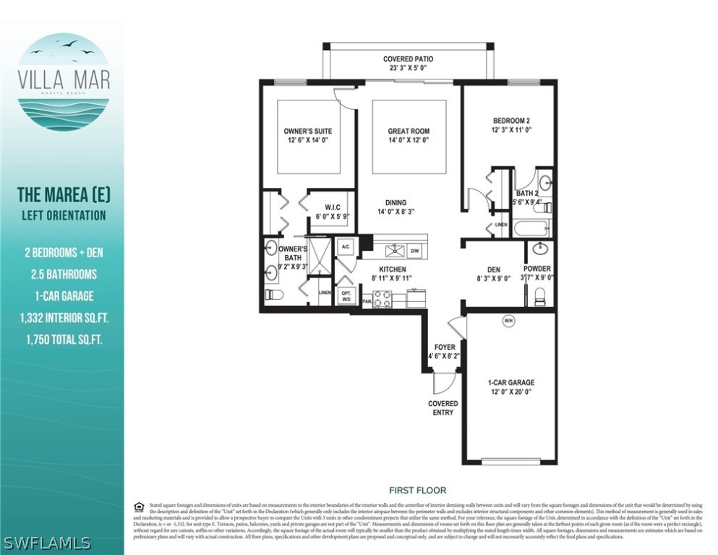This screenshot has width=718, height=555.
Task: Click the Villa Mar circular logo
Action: coord(63,81)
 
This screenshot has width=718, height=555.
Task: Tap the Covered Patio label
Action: coord(409,64)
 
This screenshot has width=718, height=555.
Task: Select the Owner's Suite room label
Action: coord(307,136)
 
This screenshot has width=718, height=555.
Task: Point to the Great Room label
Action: coord(409,136)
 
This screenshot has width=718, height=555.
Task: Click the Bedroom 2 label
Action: coord(512,125)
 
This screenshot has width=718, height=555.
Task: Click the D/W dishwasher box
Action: coord(415,251)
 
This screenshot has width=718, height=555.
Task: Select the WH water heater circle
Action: coord(508,321)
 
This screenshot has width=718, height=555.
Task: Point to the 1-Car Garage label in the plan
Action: coord(511,387)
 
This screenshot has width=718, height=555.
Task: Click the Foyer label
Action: coord(445,351)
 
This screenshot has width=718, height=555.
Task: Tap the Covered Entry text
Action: coord(443,408)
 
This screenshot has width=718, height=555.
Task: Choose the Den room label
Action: coord(494,274)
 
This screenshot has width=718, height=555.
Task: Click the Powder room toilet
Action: coord(539,296)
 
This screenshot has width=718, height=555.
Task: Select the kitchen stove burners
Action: coord(382,298)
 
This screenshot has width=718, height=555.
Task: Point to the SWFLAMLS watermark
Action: coord(47,542)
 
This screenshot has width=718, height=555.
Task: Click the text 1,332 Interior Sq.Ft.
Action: coord(61,317)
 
